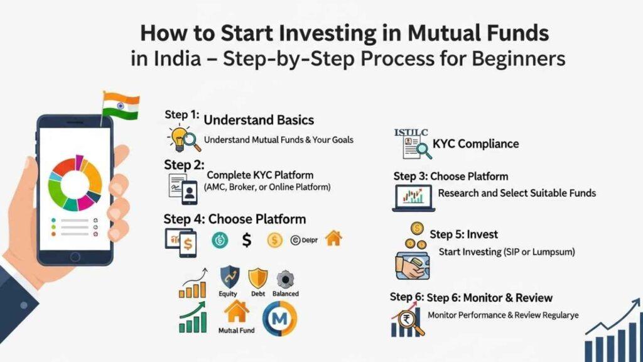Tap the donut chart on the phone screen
point(75,183)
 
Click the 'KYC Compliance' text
point(475,144)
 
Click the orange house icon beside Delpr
point(333,239)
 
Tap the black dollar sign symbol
point(247,239)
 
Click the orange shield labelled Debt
point(258,278)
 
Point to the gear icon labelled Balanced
point(286,278)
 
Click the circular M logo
point(279,318)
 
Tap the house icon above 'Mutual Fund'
point(237,311)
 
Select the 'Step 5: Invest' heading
point(463,234)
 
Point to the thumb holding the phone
point(119,189)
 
